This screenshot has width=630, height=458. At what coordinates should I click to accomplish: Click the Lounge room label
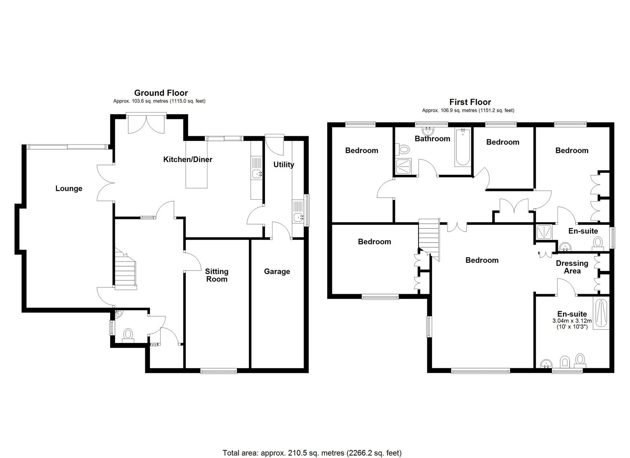tap(69, 189)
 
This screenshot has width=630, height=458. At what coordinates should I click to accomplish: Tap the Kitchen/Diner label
tap(187, 159)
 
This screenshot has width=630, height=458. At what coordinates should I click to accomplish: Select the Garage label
tap(277, 271)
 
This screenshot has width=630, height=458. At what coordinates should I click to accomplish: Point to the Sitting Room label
tap(217, 275)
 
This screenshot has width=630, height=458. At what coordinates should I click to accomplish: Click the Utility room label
tap(283, 165)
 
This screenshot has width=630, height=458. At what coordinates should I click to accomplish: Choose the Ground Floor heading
tap(161, 93)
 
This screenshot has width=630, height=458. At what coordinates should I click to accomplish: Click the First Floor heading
tap(470, 102)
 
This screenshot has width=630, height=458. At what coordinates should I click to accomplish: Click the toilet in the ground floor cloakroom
tap(128, 336)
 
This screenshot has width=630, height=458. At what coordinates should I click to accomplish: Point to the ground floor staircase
tap(126, 269)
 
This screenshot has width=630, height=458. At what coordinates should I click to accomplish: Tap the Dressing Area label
tap(572, 267)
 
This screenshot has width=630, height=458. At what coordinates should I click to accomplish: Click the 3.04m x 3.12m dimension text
tap(572, 321)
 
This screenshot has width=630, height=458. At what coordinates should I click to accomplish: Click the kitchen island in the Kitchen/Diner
tap(196, 164)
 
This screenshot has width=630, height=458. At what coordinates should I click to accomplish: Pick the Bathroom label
tap(432, 139)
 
